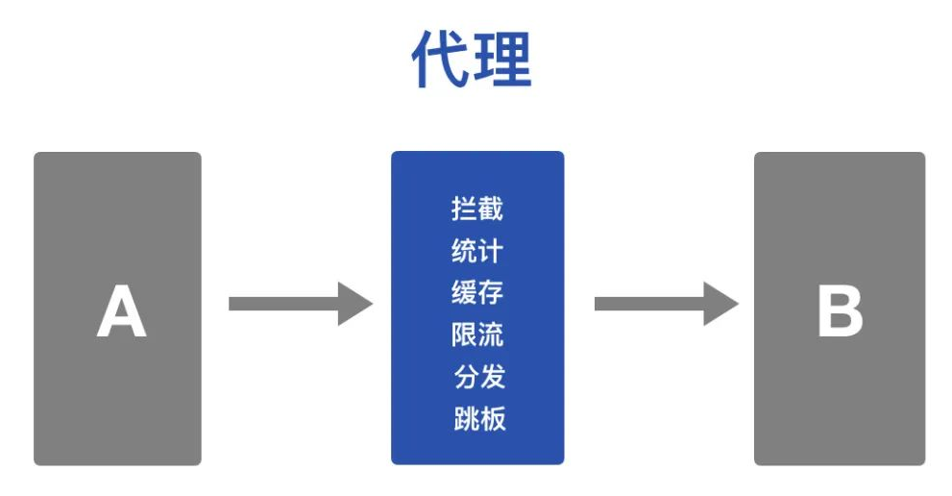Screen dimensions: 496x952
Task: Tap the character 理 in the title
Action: (x=502, y=60)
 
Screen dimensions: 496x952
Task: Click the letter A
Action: (x=121, y=312)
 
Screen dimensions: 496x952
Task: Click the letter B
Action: (x=840, y=312)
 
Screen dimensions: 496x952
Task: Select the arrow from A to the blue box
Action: (x=299, y=304)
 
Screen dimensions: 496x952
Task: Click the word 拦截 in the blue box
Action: (x=477, y=209)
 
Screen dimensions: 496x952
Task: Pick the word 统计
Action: (x=477, y=251)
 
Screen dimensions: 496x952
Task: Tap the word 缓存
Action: (x=477, y=292)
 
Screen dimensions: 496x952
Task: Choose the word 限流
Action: (x=477, y=335)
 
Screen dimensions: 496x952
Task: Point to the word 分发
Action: (x=479, y=376)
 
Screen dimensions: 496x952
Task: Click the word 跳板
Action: (x=478, y=418)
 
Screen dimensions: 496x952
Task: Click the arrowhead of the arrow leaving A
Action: (x=355, y=304)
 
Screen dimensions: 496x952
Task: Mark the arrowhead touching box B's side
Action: (x=721, y=304)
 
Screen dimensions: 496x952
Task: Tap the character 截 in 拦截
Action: (x=491, y=209)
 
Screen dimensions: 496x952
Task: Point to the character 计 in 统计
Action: (x=491, y=251)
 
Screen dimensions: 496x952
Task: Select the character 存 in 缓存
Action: (x=491, y=292)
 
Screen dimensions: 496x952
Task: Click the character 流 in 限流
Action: (x=491, y=335)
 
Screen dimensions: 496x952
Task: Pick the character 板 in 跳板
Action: (x=492, y=418)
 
